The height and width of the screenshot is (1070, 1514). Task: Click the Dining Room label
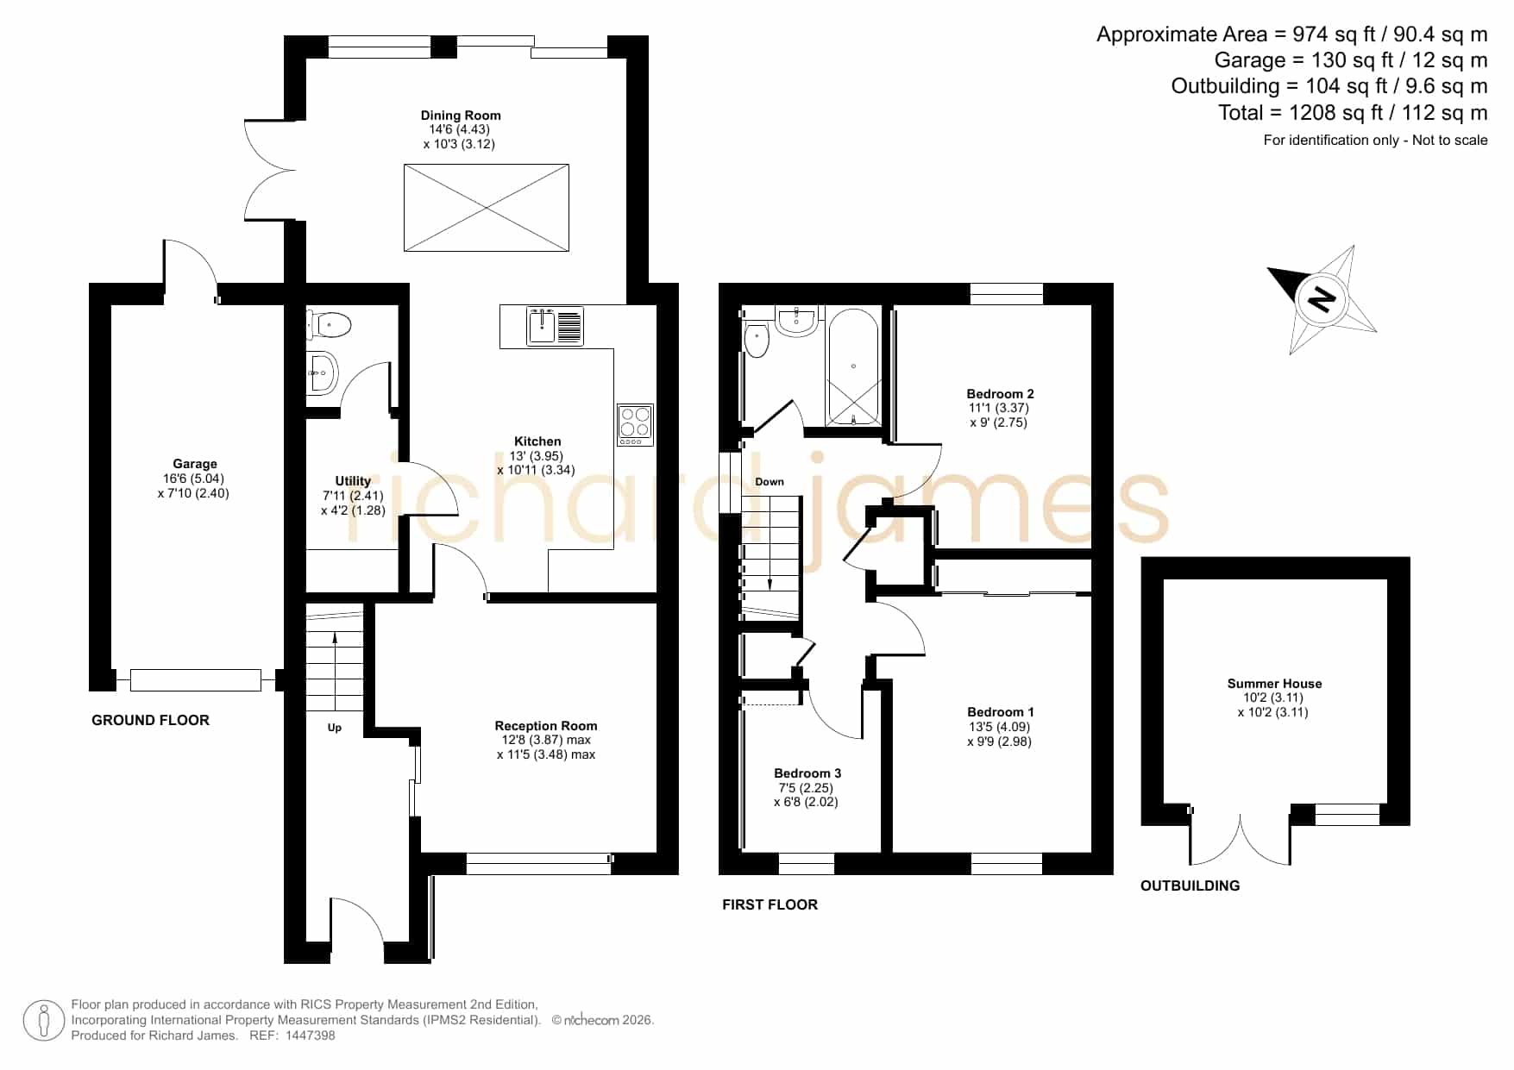click(461, 116)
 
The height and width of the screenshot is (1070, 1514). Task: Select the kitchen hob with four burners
click(635, 424)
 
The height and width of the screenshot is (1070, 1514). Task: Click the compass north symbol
click(1321, 299)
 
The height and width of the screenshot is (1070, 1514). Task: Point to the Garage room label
click(195, 464)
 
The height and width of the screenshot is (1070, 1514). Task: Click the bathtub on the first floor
click(853, 367)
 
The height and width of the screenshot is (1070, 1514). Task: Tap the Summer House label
click(1274, 684)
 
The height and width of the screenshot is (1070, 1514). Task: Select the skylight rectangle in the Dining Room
click(487, 208)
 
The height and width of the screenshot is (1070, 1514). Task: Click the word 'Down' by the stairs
click(770, 482)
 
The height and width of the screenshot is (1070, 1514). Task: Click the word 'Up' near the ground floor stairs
click(335, 728)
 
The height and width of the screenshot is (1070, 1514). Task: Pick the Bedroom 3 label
click(807, 773)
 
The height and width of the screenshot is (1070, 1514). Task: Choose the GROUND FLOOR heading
click(151, 721)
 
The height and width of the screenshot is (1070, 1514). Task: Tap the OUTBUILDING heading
click(1190, 885)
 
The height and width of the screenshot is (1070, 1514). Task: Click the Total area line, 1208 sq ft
click(1353, 113)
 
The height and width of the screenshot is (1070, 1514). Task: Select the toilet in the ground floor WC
click(330, 325)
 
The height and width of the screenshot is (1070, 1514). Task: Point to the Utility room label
click(353, 481)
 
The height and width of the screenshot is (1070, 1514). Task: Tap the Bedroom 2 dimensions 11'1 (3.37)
click(999, 408)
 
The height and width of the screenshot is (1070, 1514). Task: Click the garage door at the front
click(196, 680)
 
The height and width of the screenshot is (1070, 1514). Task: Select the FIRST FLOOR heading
click(770, 904)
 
